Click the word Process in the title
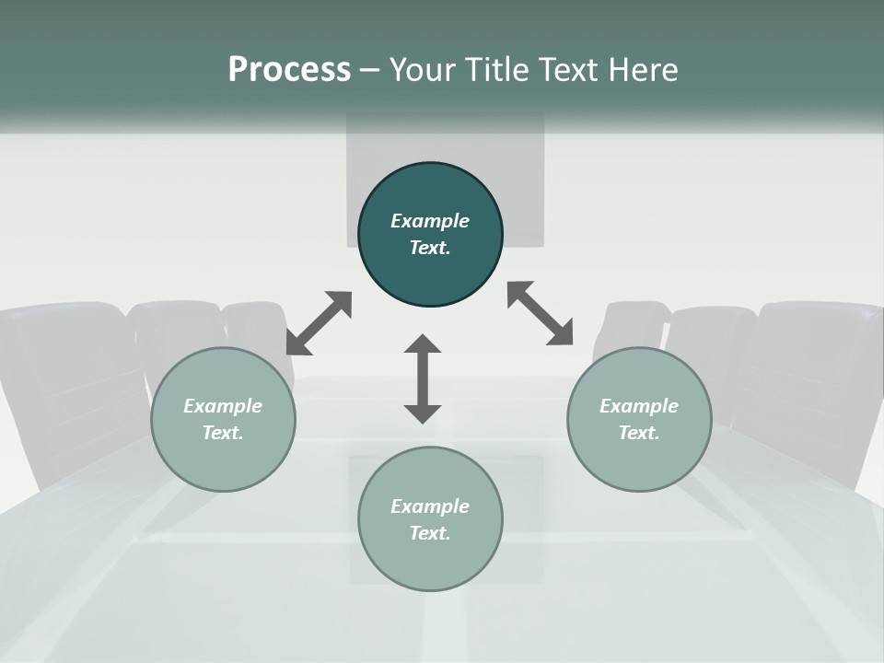point(289,70)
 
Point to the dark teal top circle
point(430,234)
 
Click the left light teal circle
point(223,419)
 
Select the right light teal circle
point(639,419)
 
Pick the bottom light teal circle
point(430,518)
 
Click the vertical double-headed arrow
point(423,378)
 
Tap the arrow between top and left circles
point(320,323)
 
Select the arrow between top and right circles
point(541,313)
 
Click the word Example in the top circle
point(430,221)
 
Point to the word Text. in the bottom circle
point(430,533)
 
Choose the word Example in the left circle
point(223,406)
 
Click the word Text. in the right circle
point(639,433)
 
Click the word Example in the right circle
point(639,406)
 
